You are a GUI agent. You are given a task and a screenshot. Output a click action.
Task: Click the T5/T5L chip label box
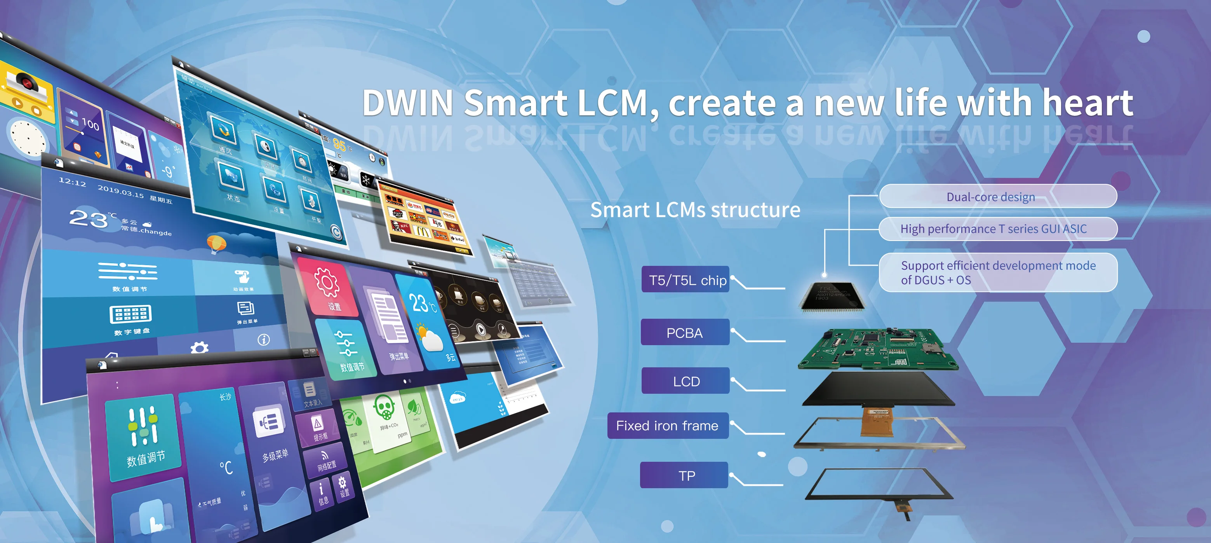click(685, 279)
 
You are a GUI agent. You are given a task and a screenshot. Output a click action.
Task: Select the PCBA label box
click(684, 332)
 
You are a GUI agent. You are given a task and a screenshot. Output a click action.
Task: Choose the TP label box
click(684, 475)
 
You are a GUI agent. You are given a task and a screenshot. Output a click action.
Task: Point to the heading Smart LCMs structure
click(695, 210)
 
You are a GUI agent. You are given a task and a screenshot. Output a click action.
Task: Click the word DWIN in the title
click(407, 103)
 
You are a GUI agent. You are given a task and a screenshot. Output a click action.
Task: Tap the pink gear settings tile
click(328, 287)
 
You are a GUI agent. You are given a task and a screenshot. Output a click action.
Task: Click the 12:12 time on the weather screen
click(72, 182)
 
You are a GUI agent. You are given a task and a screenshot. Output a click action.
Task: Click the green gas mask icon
click(384, 407)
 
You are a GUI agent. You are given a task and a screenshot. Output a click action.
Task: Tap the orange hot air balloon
click(216, 243)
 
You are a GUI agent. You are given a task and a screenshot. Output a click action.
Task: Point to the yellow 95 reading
click(339, 145)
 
